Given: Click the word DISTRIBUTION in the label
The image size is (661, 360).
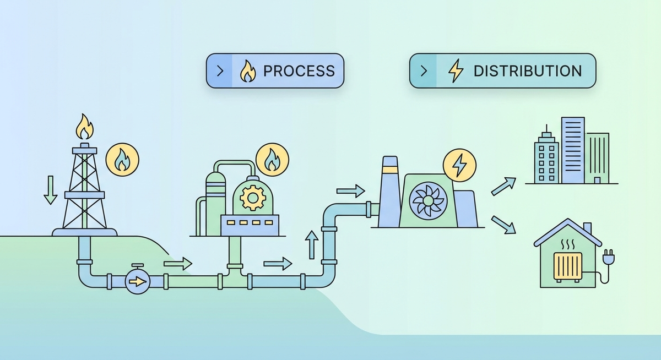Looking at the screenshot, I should (x=527, y=71).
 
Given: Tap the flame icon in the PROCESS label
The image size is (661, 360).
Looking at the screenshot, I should (x=247, y=71).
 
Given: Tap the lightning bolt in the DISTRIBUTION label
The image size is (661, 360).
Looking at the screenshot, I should (x=456, y=71).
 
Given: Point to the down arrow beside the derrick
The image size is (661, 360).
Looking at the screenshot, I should (x=51, y=190).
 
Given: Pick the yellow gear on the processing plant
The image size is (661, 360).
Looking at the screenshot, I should (x=253, y=198).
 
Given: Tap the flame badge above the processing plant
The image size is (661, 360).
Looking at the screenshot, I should (x=272, y=160).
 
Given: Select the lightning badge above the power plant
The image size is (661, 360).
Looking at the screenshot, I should (x=458, y=163).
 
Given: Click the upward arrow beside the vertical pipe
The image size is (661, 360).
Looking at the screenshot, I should (x=312, y=244).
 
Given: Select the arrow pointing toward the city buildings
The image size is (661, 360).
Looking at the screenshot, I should (x=503, y=186).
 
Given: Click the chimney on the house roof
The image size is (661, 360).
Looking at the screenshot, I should (x=587, y=228).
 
